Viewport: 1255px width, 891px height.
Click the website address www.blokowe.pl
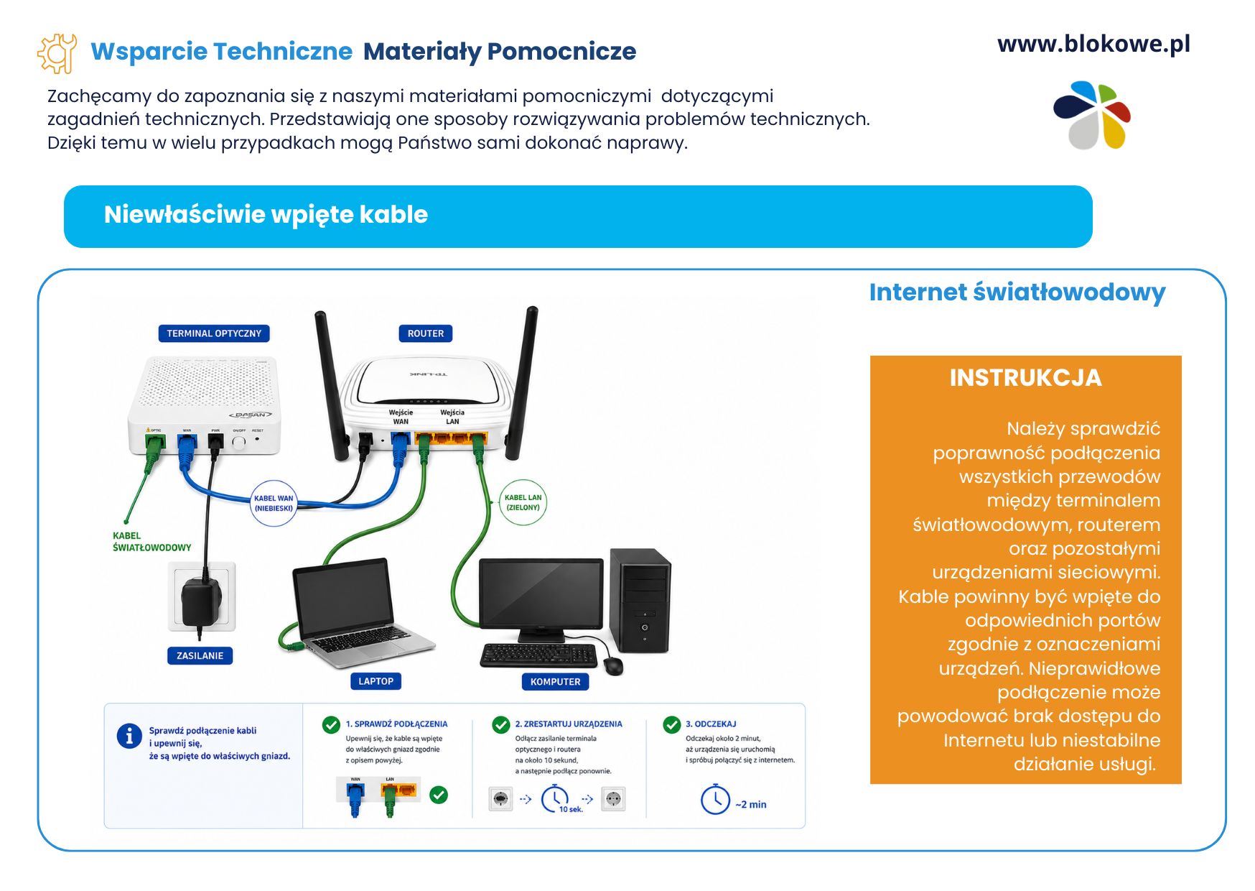click(1093, 45)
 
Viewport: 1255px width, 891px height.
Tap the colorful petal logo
click(1092, 115)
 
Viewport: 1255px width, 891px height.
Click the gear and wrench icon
click(57, 53)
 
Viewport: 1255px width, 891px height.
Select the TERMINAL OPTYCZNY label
click(214, 333)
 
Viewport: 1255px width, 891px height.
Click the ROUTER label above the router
click(426, 333)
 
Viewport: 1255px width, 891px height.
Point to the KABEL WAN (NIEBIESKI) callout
click(274, 503)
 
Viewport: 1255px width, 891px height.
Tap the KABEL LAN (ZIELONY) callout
click(523, 502)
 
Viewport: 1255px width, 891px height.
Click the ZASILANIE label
click(200, 655)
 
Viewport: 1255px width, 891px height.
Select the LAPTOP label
click(375, 681)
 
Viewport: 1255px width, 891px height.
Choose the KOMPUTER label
click(555, 681)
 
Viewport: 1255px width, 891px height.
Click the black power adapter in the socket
click(201, 601)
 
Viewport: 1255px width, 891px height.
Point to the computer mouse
click(612, 665)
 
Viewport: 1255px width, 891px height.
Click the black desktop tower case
click(640, 601)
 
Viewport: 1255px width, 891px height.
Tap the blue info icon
click(129, 736)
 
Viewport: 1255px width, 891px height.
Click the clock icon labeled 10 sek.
click(554, 798)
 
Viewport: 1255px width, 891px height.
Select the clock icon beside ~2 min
click(715, 800)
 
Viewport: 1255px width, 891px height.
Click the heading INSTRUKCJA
click(1025, 378)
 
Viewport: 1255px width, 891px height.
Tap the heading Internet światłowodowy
click(1017, 292)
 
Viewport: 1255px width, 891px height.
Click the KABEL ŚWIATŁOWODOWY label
click(151, 542)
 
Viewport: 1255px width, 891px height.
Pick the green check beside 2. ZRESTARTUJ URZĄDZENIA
click(501, 724)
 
